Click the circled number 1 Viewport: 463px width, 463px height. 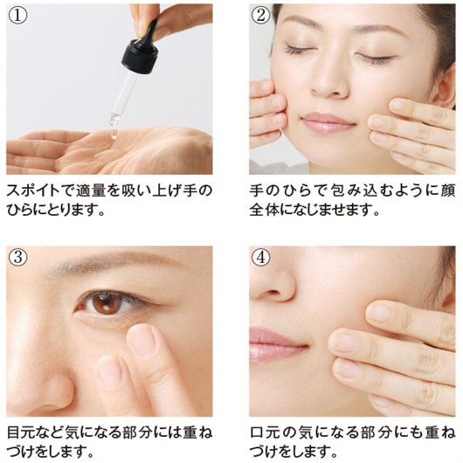point(17,16)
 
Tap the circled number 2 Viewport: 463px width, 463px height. point(260,16)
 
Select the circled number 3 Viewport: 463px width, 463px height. point(17,257)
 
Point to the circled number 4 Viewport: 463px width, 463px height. point(260,257)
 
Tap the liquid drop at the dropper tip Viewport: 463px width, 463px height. point(113,135)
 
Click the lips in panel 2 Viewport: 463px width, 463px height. point(328,122)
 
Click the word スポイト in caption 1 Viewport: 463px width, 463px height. point(33,190)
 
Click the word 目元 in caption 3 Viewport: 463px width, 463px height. point(21,433)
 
